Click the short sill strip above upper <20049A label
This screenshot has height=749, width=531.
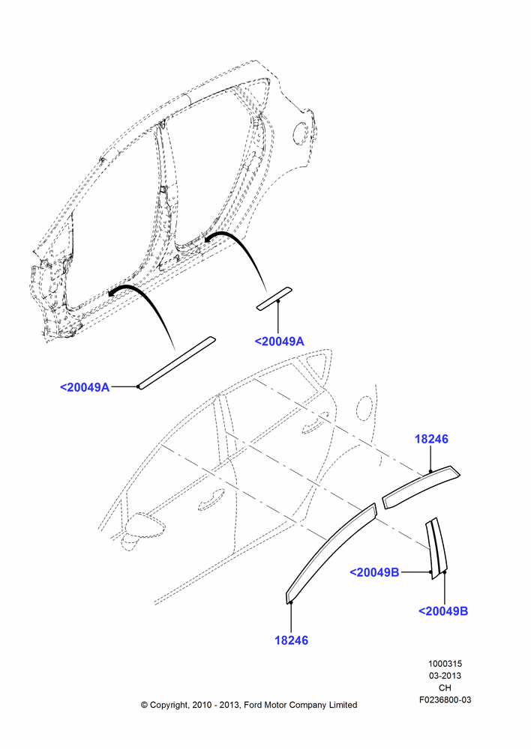274,299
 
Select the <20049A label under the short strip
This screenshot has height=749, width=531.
279,341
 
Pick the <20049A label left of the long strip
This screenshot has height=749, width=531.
85,387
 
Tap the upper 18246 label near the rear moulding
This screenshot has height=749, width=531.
431,438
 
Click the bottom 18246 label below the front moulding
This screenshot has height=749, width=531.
291,640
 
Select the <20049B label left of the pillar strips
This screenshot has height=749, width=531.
374,571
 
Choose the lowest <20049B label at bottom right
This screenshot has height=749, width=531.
443,611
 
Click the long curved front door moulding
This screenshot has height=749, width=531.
331,554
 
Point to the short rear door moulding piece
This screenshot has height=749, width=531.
421,488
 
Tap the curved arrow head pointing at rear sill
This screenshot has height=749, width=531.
208,238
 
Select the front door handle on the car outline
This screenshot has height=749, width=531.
211,498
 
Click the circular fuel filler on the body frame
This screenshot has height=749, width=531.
301,133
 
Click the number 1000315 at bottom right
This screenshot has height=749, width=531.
445,664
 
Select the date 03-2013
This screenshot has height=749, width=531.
445,676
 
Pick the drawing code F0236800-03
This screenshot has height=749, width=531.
445,700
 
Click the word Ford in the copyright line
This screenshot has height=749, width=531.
254,705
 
